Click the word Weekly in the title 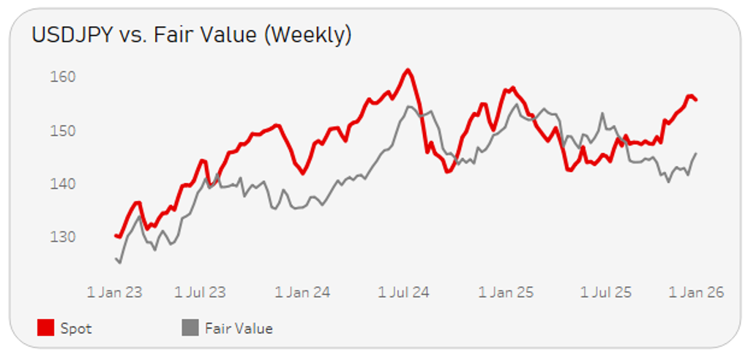click(307, 35)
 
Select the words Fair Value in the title click(212, 35)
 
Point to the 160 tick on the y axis click(64, 77)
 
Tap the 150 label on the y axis click(64, 131)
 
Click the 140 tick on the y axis click(64, 184)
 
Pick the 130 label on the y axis click(64, 237)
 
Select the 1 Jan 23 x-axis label click(114, 293)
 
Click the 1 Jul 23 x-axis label click(200, 293)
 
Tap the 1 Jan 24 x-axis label click(302, 293)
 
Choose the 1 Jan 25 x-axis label click(506, 293)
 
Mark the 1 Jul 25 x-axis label click(607, 293)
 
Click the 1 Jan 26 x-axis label click(696, 293)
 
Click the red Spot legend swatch click(45, 329)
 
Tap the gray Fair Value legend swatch click(190, 329)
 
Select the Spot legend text click(76, 329)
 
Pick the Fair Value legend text click(239, 329)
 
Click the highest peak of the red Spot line click(408, 70)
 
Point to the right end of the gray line click(696, 153)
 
